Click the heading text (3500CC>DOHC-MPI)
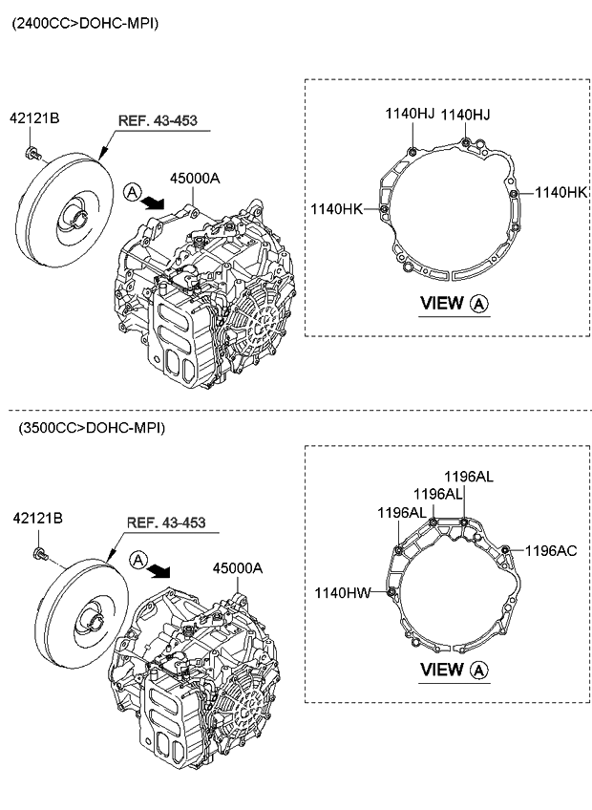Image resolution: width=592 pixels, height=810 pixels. [91, 428]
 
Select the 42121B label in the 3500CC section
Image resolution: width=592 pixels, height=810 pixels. [37, 518]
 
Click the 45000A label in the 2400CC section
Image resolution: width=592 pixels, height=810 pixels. [195, 179]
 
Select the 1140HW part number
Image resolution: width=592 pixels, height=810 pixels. [342, 593]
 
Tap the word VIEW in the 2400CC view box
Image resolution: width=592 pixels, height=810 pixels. [441, 304]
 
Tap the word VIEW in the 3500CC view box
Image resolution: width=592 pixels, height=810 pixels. [441, 670]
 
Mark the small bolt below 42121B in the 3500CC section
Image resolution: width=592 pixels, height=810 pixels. [39, 553]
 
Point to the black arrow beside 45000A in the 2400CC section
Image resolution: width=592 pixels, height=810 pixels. [151, 202]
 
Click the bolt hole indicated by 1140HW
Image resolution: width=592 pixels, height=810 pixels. [392, 593]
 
